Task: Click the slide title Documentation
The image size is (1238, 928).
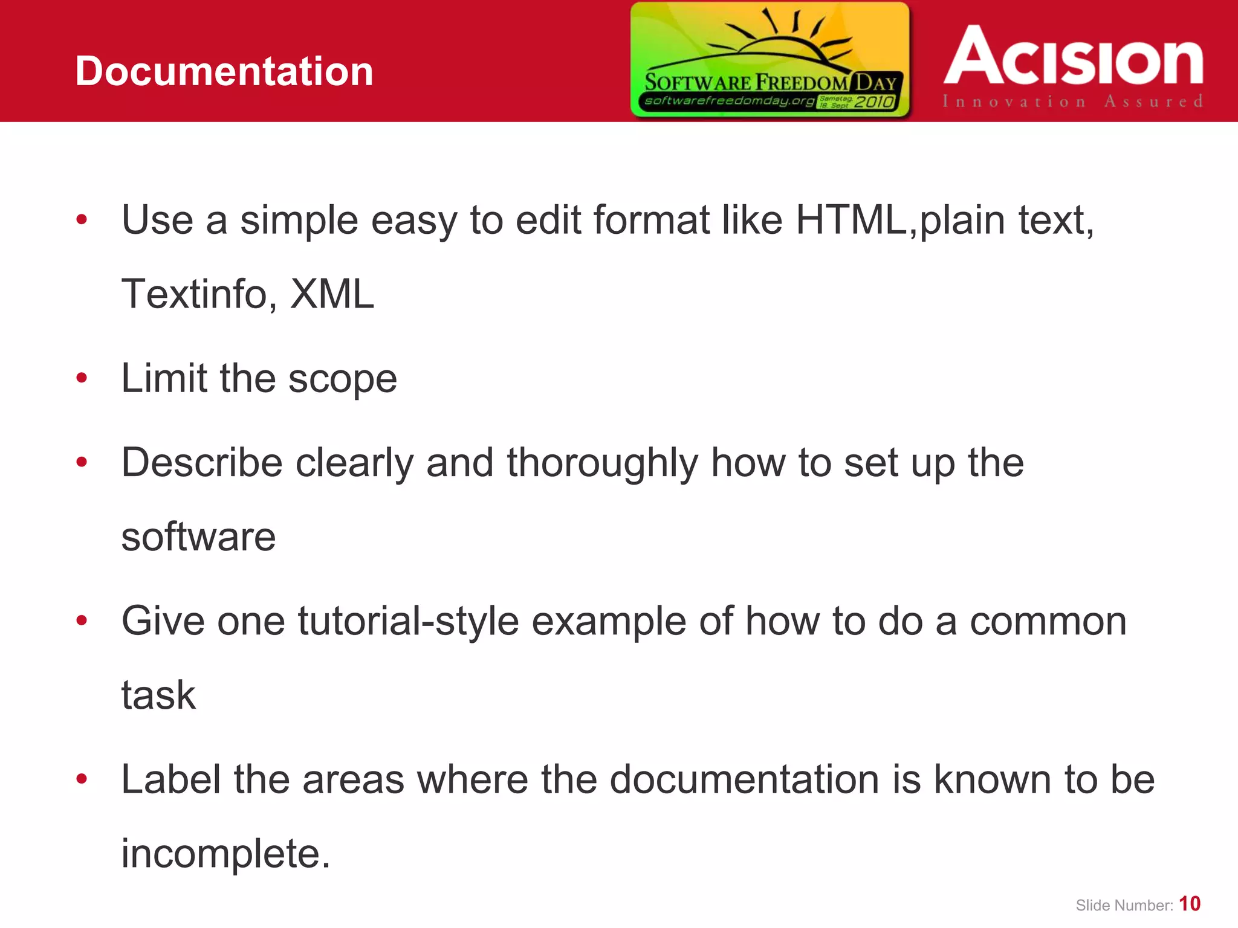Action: coord(224,71)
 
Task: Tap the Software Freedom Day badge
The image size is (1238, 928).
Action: coord(770,59)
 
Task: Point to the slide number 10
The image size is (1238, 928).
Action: coord(1190,904)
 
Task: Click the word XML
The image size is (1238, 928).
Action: coord(332,294)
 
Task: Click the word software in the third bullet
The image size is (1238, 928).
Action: coord(198,536)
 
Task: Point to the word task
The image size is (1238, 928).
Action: coord(158,695)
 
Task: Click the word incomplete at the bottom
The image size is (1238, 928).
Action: coord(225,854)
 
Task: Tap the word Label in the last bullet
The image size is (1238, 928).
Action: coord(170,779)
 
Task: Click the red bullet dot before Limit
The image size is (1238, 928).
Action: coord(82,379)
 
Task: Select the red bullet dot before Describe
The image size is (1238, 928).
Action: coord(82,463)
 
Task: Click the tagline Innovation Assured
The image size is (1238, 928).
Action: coord(1072,101)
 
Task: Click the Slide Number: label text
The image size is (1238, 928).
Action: coord(1124,906)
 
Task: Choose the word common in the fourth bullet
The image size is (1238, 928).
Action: coord(1048,621)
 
